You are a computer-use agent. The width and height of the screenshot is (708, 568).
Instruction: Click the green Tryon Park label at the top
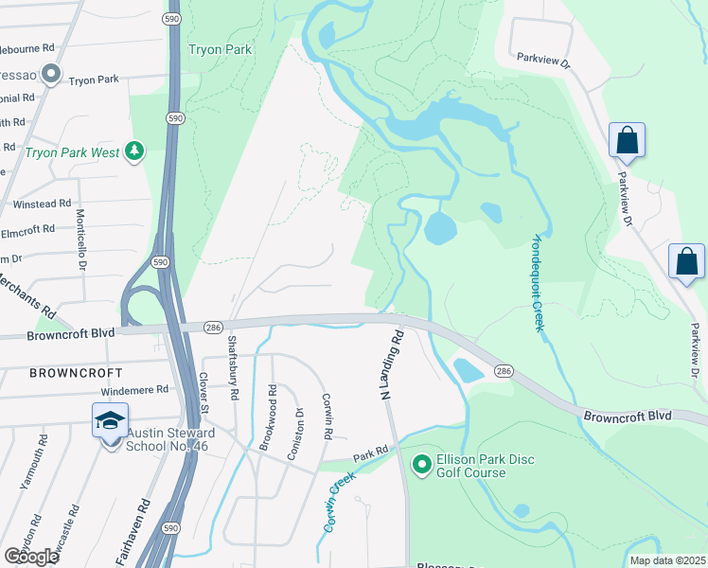[x=219, y=49]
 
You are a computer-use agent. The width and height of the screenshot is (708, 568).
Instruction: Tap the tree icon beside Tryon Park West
[x=135, y=151]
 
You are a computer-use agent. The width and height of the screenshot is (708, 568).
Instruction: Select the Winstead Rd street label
[x=42, y=204]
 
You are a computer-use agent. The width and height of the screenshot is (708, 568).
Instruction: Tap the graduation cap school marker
[x=110, y=420]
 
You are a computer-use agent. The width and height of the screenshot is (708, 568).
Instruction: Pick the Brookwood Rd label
[x=272, y=417]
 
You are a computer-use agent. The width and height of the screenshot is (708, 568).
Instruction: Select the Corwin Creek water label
[x=334, y=503]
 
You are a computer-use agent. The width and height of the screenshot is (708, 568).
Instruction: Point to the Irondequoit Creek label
[x=538, y=281]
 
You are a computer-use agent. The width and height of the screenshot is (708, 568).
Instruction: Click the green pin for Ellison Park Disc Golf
[x=421, y=464]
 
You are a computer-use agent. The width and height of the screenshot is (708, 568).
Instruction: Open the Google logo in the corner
[x=30, y=557]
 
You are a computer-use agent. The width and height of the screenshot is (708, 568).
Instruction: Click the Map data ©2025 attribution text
[x=667, y=560]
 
